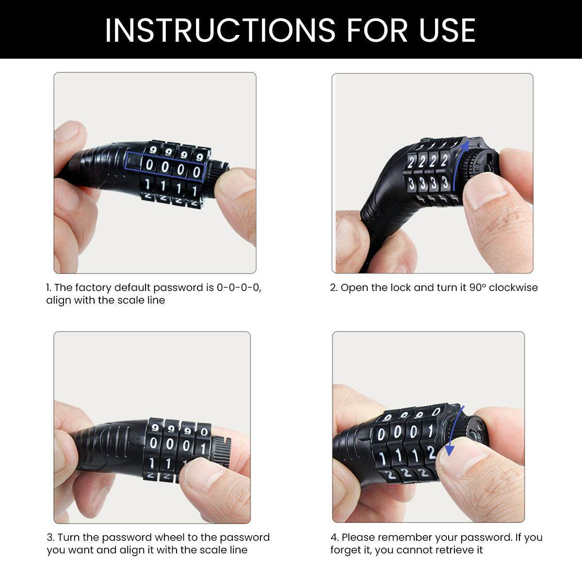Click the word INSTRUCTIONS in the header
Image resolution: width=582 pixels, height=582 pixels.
click(x=220, y=30)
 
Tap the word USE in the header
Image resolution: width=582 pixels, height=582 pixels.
click(x=447, y=30)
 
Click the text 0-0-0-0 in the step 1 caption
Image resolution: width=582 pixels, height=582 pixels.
click(x=239, y=288)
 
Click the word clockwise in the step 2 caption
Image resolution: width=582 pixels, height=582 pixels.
click(x=513, y=287)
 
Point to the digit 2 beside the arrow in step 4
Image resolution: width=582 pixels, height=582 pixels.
click(x=431, y=453)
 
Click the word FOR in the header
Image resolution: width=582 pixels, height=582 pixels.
click(x=377, y=30)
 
